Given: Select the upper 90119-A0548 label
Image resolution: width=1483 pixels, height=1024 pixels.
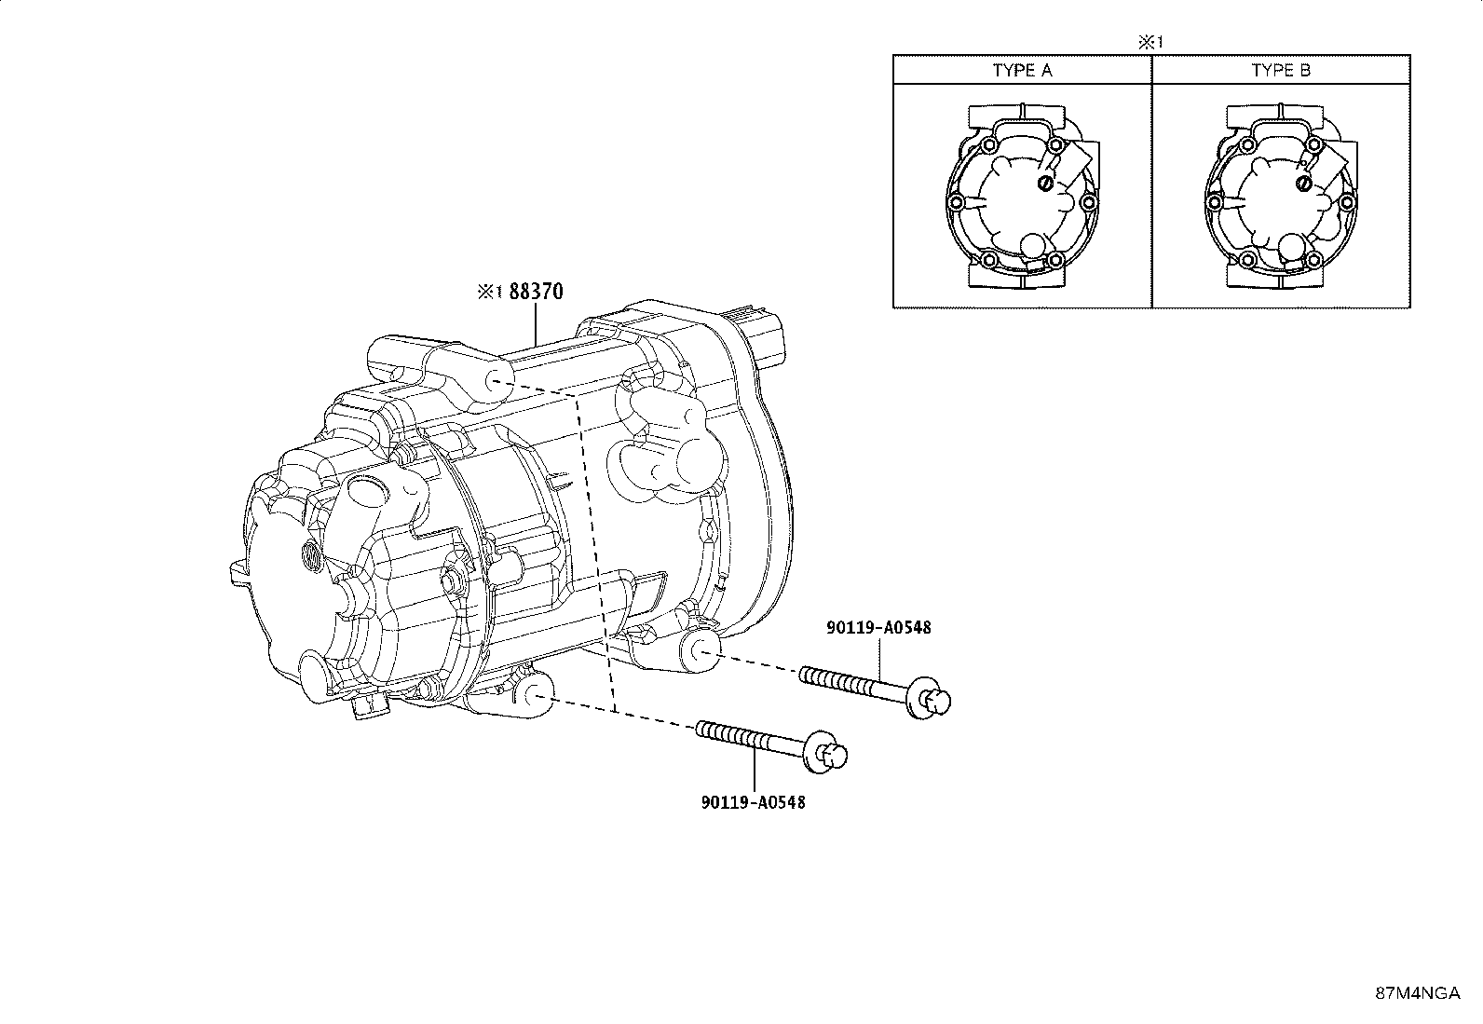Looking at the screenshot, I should [x=878, y=627].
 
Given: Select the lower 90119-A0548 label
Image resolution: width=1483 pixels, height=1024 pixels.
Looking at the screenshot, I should [x=753, y=801].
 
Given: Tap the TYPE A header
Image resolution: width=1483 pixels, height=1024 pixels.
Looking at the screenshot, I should [x=1022, y=71].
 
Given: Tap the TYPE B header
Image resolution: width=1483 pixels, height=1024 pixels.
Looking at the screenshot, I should [x=1281, y=71].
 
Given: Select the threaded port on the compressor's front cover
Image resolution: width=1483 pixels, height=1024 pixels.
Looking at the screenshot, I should [x=310, y=557].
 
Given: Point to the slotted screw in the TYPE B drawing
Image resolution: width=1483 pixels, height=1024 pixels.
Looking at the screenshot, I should [x=1304, y=184].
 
